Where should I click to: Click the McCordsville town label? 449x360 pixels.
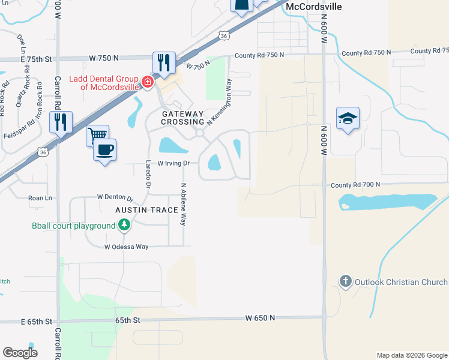[x=314, y=7]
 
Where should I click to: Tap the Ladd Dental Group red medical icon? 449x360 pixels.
[x=147, y=81]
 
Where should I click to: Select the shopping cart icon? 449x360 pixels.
[x=97, y=134]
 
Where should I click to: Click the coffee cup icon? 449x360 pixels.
[x=105, y=149]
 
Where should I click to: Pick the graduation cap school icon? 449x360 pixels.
[x=348, y=119]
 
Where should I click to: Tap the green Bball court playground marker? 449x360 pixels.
[x=124, y=226]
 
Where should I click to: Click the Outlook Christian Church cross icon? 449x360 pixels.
[x=345, y=281]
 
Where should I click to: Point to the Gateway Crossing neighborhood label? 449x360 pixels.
[x=182, y=118]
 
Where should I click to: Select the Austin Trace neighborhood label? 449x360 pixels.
[x=147, y=210]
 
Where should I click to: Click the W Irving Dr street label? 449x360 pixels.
[x=173, y=163]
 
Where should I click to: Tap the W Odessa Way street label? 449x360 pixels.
[x=126, y=247]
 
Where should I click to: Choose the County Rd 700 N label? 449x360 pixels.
[x=355, y=185]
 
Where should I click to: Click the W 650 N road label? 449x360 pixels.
[x=260, y=318]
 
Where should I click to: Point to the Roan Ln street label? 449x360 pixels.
[x=40, y=197]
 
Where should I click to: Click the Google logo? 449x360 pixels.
[x=20, y=353]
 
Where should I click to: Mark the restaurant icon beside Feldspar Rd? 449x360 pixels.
[x=61, y=122]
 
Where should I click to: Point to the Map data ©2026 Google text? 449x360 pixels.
[x=411, y=355]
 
